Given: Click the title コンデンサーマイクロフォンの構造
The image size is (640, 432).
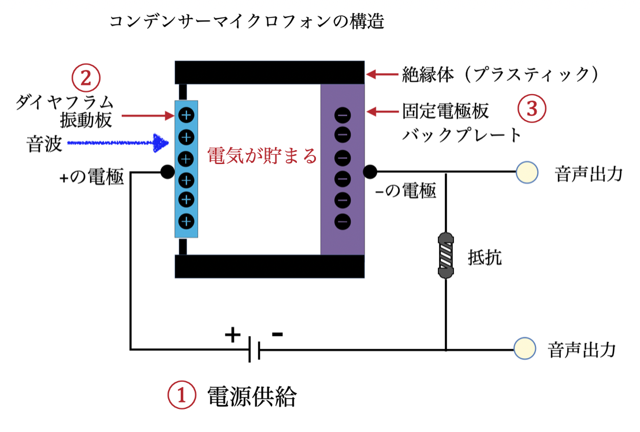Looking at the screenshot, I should pyautogui.click(x=247, y=23).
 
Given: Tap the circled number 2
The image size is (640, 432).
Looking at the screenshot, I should pyautogui.click(x=85, y=77).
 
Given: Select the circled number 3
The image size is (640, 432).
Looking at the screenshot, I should pyautogui.click(x=531, y=109).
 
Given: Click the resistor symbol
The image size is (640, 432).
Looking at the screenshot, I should pyautogui.click(x=446, y=256).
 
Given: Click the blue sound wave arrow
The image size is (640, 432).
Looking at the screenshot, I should pyautogui.click(x=116, y=143).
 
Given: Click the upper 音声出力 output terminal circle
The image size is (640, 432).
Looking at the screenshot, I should pyautogui.click(x=527, y=172).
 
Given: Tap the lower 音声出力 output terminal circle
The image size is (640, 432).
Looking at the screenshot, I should pyautogui.click(x=524, y=349).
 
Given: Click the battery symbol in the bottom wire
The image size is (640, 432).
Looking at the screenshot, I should pyautogui.click(x=254, y=349).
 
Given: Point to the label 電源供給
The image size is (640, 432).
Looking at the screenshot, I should pyautogui.click(x=252, y=396).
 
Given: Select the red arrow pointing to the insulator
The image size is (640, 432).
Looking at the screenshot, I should pyautogui.click(x=381, y=74).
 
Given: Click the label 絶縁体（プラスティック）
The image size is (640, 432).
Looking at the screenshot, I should pyautogui.click(x=500, y=75).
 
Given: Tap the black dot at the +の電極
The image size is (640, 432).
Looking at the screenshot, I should pyautogui.click(x=166, y=172).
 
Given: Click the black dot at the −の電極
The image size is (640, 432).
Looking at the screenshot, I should pyautogui.click(x=370, y=172).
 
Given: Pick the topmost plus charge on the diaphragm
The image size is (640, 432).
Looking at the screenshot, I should pyautogui.click(x=186, y=115).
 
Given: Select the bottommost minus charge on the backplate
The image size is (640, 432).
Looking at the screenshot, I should pyautogui.click(x=343, y=221).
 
